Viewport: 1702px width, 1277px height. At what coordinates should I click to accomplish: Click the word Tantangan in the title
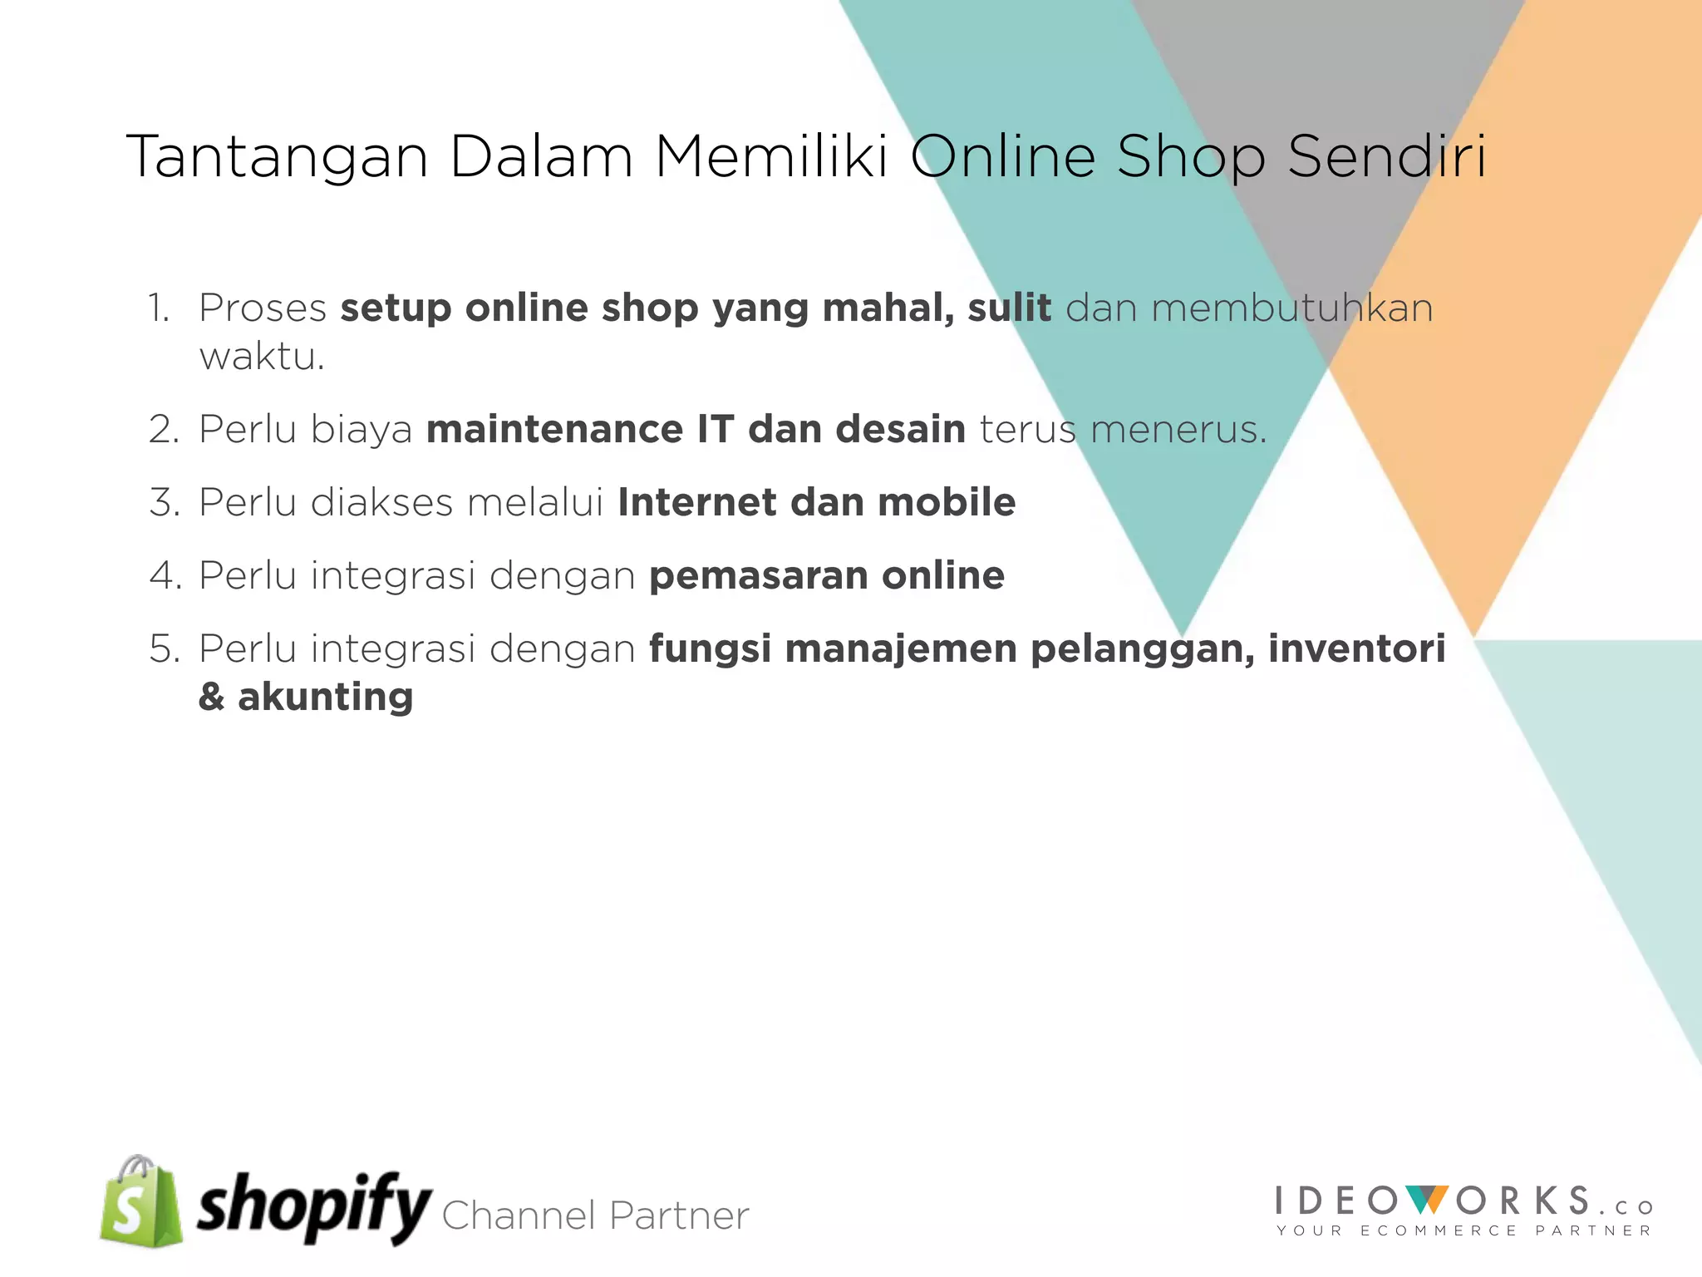(x=277, y=157)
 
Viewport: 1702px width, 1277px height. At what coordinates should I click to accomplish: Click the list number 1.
(x=160, y=308)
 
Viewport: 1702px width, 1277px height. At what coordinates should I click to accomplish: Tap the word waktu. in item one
(x=262, y=357)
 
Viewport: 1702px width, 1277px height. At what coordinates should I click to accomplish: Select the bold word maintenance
(x=554, y=430)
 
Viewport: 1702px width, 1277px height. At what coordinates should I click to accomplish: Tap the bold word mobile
(x=947, y=503)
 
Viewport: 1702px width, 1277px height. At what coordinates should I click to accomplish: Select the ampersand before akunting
(x=211, y=698)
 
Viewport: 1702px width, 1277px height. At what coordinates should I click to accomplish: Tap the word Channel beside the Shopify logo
(x=519, y=1215)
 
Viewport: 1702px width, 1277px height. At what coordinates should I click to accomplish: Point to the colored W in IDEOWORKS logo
(x=1427, y=1201)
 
